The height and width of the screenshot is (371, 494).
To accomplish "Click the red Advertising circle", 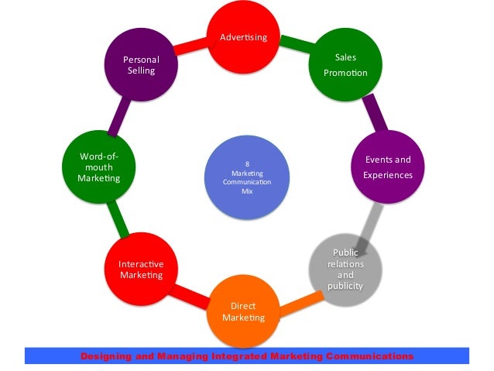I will click(x=243, y=37).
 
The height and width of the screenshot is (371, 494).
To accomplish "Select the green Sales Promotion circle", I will click(x=345, y=65).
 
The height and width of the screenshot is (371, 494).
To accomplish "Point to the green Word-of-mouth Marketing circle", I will click(x=98, y=167).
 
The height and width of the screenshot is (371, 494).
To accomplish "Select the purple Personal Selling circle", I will click(x=140, y=65).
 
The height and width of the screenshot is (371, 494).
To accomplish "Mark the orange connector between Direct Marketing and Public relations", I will click(x=298, y=304).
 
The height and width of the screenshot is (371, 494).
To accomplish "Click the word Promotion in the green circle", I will click(x=345, y=74).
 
